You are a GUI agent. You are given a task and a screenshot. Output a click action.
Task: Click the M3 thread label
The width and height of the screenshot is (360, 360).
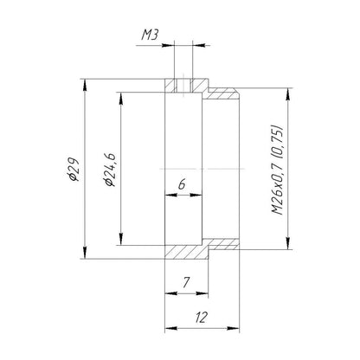[150, 35]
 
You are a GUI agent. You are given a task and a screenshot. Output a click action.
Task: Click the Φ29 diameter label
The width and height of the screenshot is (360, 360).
[72, 170]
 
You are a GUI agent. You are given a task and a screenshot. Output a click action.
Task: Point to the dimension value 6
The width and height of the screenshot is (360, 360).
[182, 184]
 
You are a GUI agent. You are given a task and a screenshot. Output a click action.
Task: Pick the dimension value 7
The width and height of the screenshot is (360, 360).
[186, 282]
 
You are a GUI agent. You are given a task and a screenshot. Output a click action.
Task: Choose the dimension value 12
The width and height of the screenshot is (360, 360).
[201, 318]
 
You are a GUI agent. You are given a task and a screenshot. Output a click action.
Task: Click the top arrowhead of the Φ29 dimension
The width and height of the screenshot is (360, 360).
[85, 85]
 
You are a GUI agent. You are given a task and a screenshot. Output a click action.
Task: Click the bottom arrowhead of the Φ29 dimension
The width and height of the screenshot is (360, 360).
[85, 253]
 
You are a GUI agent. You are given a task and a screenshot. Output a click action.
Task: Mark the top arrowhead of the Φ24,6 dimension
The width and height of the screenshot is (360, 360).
[121, 99]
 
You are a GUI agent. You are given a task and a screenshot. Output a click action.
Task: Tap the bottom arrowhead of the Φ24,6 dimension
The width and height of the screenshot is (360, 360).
[121, 239]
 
